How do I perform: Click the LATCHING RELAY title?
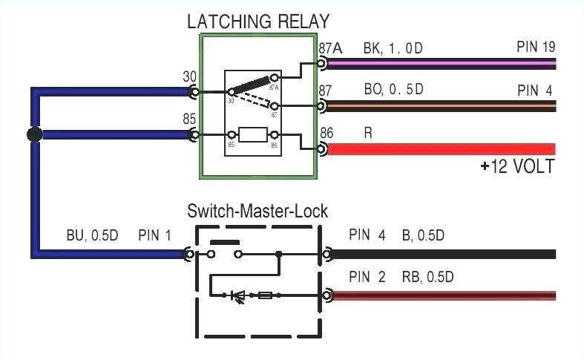257,21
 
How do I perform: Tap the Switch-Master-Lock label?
257,212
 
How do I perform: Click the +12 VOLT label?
516,166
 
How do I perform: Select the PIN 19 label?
535,48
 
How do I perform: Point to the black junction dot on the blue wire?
33,135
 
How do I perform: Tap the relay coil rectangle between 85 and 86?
254,136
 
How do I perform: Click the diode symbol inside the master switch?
238,296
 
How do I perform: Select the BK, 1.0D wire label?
393,48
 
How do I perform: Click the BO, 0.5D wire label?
393,90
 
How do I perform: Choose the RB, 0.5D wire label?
428,278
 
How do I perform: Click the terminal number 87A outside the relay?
329,49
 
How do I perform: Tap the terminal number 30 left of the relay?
190,76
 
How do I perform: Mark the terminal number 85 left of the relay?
190,118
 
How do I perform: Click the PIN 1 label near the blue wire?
154,236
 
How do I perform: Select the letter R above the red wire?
368,133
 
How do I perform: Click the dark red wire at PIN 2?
445,295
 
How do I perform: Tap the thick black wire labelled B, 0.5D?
445,254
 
